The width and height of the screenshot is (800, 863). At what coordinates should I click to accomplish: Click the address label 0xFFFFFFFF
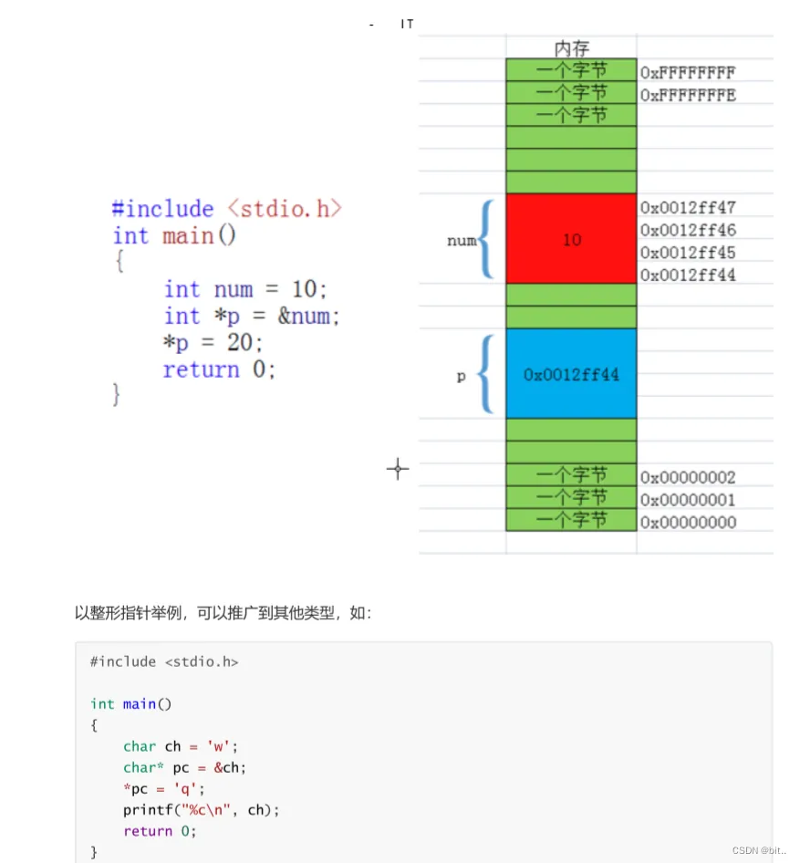[687, 72]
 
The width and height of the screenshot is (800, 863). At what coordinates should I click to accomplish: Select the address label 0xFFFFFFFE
[687, 94]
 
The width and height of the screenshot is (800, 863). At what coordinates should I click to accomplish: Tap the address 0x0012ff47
[687, 208]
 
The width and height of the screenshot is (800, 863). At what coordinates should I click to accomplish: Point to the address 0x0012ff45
[687, 253]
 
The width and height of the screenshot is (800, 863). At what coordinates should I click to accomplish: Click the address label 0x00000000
[687, 523]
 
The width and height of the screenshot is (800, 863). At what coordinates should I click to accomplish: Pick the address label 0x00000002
[687, 477]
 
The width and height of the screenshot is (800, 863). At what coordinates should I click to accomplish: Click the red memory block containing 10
[571, 239]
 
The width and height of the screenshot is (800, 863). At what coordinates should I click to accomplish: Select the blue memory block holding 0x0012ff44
[571, 374]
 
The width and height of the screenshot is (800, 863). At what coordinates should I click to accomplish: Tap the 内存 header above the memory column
[571, 48]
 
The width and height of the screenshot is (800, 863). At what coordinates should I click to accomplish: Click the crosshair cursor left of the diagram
[398, 470]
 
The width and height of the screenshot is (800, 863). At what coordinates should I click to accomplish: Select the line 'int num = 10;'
[244, 289]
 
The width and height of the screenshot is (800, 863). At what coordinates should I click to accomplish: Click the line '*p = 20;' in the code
[213, 342]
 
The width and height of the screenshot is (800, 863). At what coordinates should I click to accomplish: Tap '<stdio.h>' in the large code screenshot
[285, 209]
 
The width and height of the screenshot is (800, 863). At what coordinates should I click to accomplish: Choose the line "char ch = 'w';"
[180, 746]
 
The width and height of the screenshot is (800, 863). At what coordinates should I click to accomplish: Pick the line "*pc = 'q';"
[165, 788]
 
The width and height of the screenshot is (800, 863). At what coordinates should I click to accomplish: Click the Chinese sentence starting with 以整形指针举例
[223, 613]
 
